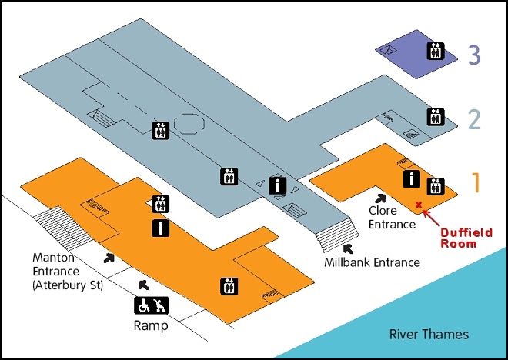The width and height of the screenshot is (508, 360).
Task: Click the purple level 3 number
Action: (x=474, y=55)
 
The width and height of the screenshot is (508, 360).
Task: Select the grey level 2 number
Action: (x=474, y=119)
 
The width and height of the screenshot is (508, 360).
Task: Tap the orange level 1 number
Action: (x=476, y=183)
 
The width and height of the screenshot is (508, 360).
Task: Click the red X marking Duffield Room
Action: (x=419, y=205)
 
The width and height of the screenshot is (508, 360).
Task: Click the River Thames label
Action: (x=429, y=335)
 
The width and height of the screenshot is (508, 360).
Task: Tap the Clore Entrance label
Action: (x=392, y=217)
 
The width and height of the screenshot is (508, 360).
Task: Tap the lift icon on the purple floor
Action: (x=436, y=51)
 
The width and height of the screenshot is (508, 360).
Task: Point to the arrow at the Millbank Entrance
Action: (x=347, y=248)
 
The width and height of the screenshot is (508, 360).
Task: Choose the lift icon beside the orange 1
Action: (x=436, y=185)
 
